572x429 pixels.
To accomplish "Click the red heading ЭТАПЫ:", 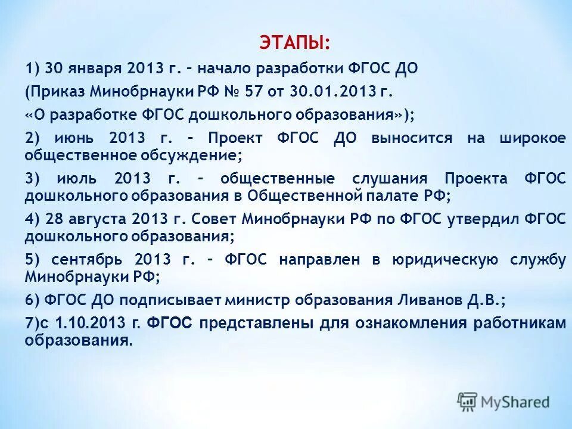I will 294,43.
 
